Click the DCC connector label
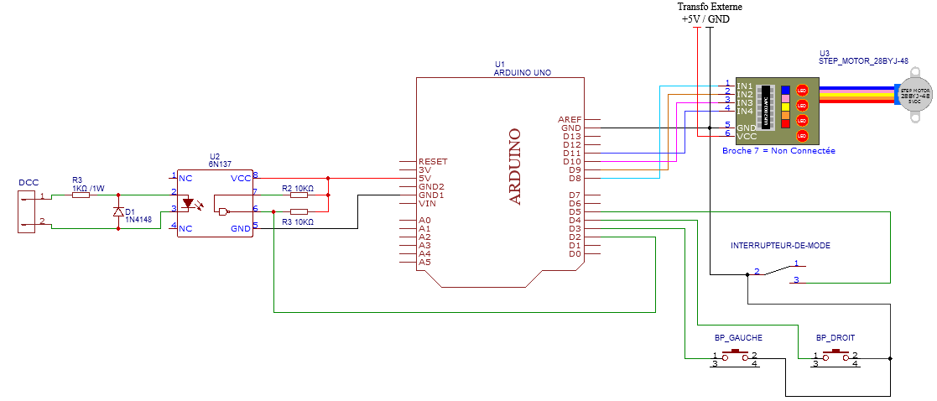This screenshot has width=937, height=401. (x=28, y=182)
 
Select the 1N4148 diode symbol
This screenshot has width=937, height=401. (x=117, y=211)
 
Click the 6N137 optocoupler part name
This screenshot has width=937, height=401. (x=220, y=164)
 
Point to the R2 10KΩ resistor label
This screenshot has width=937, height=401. (x=298, y=188)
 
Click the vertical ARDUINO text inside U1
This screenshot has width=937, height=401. (x=515, y=166)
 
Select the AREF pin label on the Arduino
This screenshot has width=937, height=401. (x=570, y=120)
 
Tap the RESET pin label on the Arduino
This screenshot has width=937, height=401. (x=433, y=161)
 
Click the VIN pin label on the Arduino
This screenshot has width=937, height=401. (x=427, y=203)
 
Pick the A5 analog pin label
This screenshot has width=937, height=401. (x=424, y=262)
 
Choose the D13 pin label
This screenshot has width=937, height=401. (x=571, y=137)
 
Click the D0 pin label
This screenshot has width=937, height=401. (x=574, y=253)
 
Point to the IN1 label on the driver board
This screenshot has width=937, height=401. (x=744, y=86)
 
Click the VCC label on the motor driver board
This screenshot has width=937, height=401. (x=746, y=135)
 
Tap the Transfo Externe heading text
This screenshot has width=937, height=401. (x=710, y=7)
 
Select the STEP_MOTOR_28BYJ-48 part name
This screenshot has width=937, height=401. (x=863, y=61)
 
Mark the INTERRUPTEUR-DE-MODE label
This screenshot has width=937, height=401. (x=780, y=246)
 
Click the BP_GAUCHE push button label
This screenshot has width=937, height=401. (x=738, y=337)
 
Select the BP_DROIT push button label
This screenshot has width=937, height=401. (x=835, y=337)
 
